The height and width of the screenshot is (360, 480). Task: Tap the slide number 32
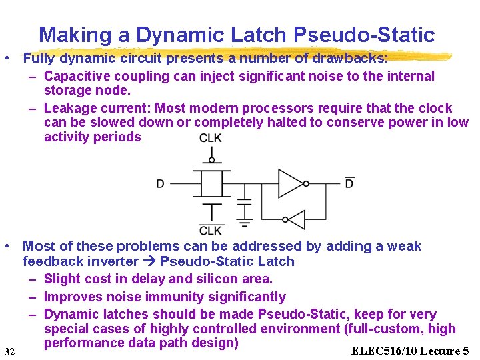tap(9, 351)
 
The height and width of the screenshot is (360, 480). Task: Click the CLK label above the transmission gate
tap(211, 139)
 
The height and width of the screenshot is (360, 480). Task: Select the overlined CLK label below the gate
tap(211, 230)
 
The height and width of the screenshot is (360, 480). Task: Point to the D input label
tap(160, 183)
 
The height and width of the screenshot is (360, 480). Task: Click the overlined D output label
tap(349, 183)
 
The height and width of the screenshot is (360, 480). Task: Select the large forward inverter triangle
tap(291, 183)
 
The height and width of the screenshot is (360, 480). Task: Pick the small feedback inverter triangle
tap(295, 220)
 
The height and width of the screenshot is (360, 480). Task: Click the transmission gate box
tap(211, 183)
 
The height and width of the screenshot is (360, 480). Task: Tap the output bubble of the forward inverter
tap(307, 183)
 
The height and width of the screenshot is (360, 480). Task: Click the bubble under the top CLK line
tap(211, 160)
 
